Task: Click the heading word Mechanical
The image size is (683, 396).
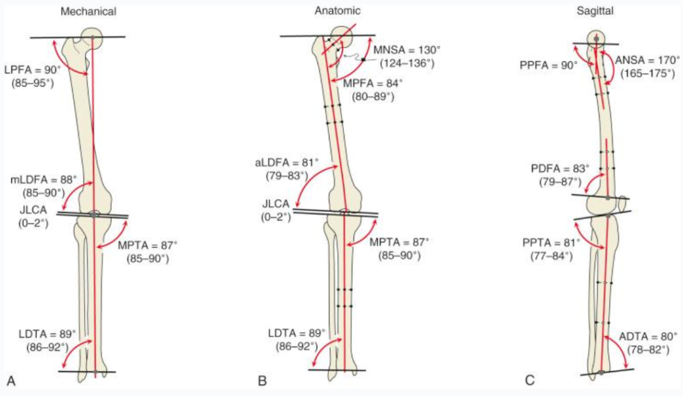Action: pyautogui.click(x=88, y=12)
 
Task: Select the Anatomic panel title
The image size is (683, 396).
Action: pyautogui.click(x=338, y=11)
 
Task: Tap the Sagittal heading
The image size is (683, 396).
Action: pyautogui.click(x=595, y=11)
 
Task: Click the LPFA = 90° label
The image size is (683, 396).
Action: pyautogui.click(x=33, y=70)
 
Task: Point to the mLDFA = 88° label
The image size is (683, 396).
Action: pyautogui.click(x=44, y=179)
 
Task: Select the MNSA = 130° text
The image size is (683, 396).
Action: pyautogui.click(x=407, y=50)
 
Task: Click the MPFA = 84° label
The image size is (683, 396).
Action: pyautogui.click(x=373, y=84)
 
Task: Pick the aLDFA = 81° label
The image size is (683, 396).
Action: pyautogui.click(x=286, y=163)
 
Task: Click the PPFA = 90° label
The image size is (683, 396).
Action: pyautogui.click(x=548, y=65)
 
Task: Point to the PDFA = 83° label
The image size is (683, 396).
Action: pyautogui.click(x=560, y=169)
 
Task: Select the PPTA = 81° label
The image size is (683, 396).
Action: pyautogui.click(x=551, y=243)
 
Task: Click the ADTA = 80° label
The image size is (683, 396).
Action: pyautogui.click(x=648, y=337)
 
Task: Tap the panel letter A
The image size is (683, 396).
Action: pyautogui.click(x=11, y=381)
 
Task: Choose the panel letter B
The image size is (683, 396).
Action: pyautogui.click(x=262, y=381)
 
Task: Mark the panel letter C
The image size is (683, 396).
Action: pyautogui.click(x=530, y=381)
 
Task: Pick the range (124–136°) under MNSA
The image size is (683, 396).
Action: pyautogui.click(x=407, y=64)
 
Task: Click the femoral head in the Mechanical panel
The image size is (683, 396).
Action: pyautogui.click(x=92, y=38)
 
